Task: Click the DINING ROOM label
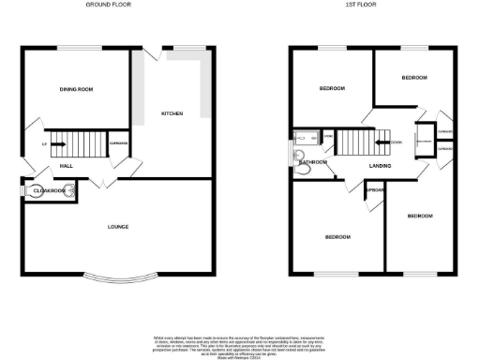76,89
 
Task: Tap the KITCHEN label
172,113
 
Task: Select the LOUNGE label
117,227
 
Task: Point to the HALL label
67,165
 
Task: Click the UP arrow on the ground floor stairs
56,144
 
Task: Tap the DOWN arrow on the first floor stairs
383,143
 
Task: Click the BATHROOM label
311,162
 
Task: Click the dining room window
76,47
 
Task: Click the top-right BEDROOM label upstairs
413,77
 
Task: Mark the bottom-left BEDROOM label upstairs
337,237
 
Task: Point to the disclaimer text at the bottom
239,343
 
